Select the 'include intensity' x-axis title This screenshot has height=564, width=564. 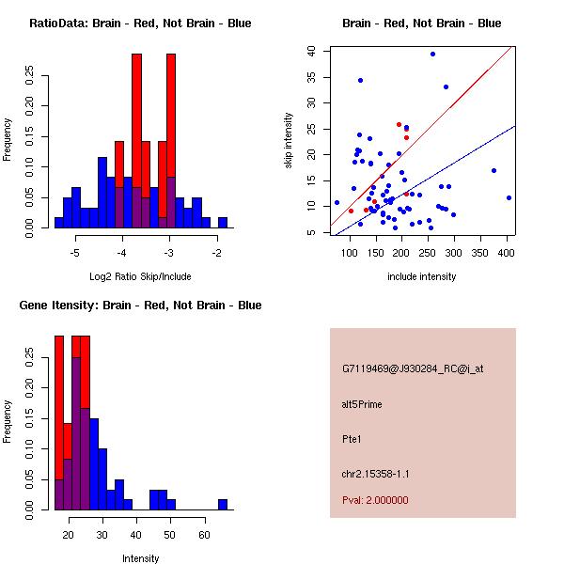(423, 276)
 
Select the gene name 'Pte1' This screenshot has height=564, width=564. (352, 438)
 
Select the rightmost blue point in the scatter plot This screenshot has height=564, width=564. (509, 197)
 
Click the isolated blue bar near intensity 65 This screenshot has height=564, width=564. (223, 505)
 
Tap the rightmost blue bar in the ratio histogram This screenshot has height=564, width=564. (223, 223)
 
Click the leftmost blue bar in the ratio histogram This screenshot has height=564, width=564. (58, 223)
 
